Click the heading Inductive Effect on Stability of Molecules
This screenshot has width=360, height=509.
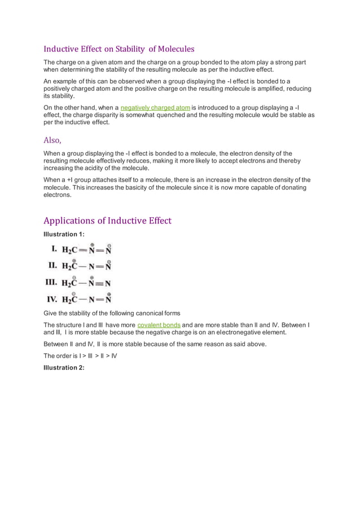click(119, 49)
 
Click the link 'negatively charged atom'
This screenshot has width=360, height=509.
click(155, 107)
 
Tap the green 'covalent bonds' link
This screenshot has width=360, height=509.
click(159, 325)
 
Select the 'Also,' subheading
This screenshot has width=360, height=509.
click(52, 140)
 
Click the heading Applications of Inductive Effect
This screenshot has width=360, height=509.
click(107, 220)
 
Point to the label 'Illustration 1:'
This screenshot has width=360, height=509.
click(64, 234)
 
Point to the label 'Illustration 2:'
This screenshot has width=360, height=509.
click(64, 367)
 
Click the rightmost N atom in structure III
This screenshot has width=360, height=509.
click(108, 283)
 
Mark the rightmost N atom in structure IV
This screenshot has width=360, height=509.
click(108, 299)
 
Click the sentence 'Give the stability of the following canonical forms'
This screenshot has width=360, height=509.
click(112, 313)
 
